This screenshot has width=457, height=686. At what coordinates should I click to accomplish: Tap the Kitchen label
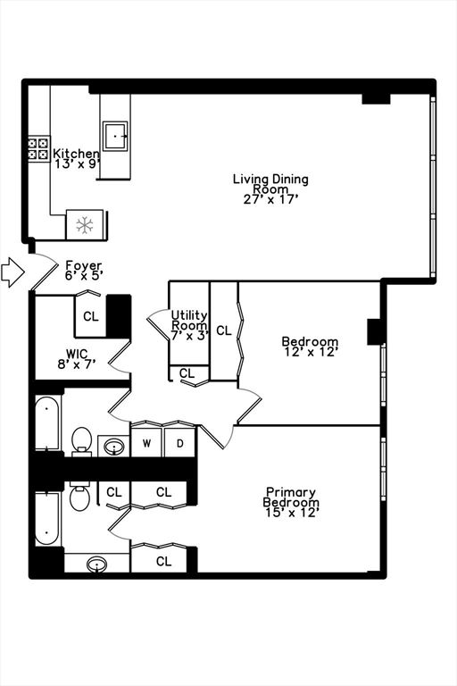[76, 159]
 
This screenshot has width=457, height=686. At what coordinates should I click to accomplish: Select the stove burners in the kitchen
[38, 148]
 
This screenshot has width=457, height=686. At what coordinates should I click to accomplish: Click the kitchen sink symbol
[114, 136]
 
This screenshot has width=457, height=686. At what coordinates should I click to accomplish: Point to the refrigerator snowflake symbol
[85, 224]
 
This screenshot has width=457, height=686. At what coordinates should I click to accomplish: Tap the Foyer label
[84, 271]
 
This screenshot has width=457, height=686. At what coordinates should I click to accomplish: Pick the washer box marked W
[146, 443]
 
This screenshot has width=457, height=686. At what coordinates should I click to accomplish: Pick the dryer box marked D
[179, 443]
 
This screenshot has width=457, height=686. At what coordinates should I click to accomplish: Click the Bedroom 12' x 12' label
[310, 347]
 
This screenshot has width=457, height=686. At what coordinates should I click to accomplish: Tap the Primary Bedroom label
[291, 502]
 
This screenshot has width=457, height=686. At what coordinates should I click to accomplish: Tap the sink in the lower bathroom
[97, 564]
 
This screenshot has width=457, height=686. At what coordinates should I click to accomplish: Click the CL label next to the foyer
[91, 316]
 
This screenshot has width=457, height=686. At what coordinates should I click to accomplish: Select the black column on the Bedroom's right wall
[375, 330]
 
